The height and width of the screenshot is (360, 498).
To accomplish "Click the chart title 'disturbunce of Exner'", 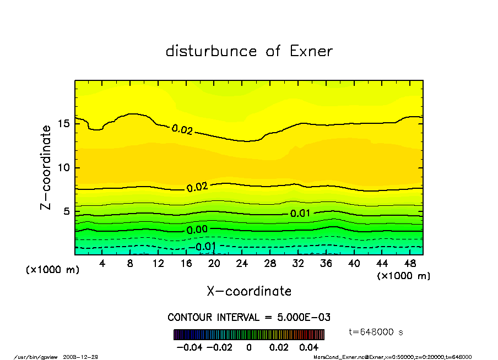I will [249, 52].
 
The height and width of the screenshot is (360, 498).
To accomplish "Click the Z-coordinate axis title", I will [46, 167].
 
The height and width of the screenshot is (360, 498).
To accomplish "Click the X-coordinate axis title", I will [249, 291].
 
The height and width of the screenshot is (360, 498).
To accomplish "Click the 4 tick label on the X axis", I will [102, 264].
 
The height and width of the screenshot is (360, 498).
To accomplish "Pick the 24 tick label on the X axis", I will [242, 264].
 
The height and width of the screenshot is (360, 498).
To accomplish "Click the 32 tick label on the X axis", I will [298, 264].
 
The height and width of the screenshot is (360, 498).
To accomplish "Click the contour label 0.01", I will [300, 214].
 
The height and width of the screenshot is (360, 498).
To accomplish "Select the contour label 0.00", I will [197, 230].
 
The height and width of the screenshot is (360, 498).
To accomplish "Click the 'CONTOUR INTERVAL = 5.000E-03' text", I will [249, 318].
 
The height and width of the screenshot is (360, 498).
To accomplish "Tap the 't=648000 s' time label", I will [376, 332].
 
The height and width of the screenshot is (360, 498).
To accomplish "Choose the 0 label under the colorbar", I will [249, 347].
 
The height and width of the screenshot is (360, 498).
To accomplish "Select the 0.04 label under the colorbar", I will [310, 347].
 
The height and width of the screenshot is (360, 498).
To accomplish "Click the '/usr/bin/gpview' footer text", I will [35, 357].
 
